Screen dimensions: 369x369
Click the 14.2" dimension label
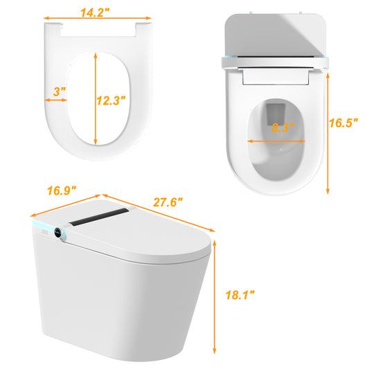tap(95, 12)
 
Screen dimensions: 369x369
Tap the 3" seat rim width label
tap(60, 91)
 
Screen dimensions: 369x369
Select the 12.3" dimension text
tap(111, 100)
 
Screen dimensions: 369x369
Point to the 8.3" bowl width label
tap(283, 128)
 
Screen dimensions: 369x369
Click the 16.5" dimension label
tap(343, 123)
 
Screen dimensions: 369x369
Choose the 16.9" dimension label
tap(62, 190)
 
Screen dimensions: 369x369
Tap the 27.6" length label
tap(168, 202)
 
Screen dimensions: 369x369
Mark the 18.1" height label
tap(240, 295)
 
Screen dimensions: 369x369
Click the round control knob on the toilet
tap(58, 233)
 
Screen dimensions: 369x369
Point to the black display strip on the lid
tap(99, 217)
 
